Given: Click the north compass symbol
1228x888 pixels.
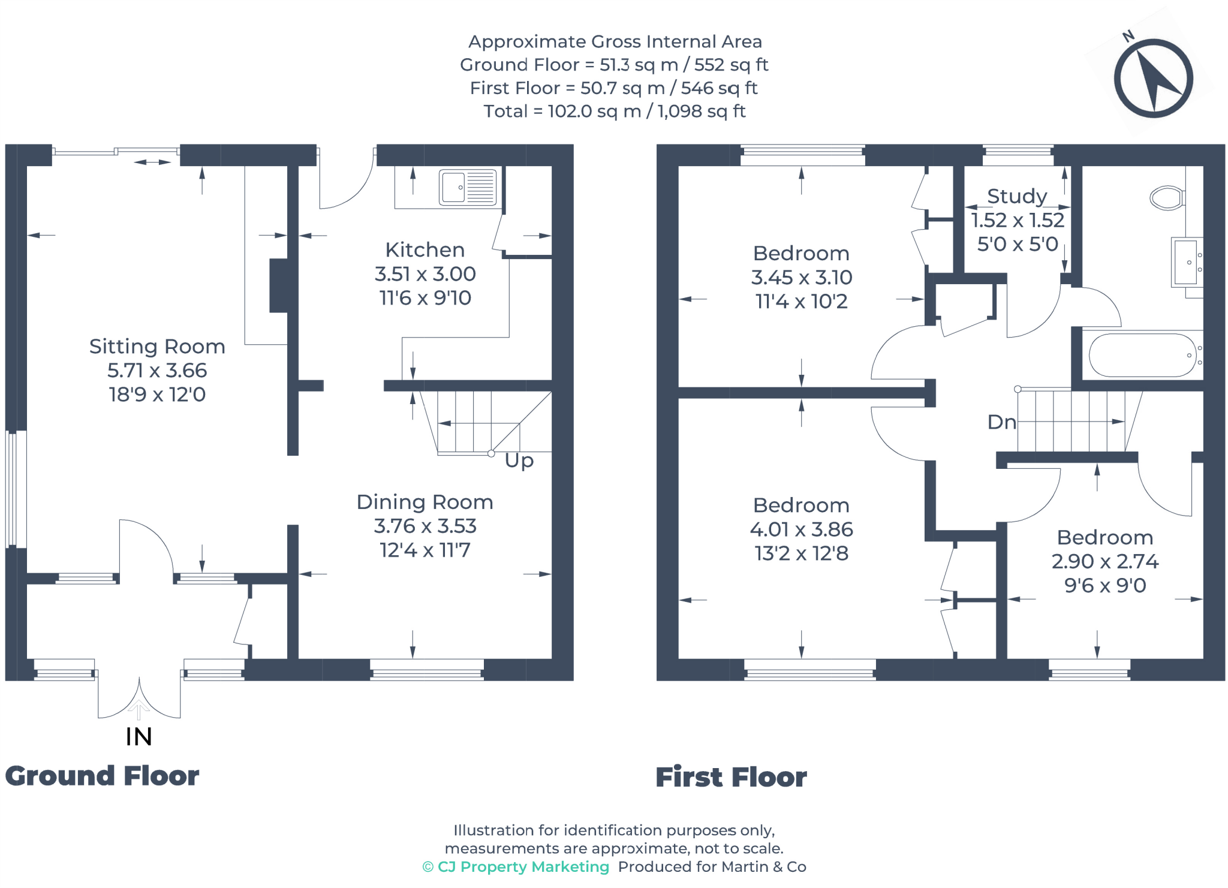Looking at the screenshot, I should (x=1152, y=78).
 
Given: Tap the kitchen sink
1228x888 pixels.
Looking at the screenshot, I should (x=468, y=187).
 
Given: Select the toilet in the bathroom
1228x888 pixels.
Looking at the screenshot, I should (x=1166, y=198).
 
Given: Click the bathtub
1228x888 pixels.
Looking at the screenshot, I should (x=1142, y=355).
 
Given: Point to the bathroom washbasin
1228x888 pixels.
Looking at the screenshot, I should (x=1186, y=262).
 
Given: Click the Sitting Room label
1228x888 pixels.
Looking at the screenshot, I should (x=157, y=347).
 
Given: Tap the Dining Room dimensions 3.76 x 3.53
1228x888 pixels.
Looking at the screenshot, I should (x=425, y=526).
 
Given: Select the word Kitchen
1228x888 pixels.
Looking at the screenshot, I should (x=425, y=249).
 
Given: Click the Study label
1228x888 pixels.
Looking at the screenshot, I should (x=1017, y=196).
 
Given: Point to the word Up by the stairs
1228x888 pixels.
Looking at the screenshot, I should (x=519, y=460).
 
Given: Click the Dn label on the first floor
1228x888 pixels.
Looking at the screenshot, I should (x=1001, y=422).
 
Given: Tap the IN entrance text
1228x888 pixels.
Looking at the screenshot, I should (x=139, y=737).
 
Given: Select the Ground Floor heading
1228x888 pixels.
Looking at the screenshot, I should (x=102, y=776).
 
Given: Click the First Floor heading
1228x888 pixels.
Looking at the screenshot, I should (x=731, y=777).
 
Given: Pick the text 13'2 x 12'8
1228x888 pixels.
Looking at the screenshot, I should (x=801, y=553).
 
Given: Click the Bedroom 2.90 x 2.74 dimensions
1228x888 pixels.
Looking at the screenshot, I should (x=1104, y=561).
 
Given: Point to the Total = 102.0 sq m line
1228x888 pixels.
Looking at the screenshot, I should (x=614, y=111).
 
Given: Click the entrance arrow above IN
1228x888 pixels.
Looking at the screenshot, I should (x=139, y=709).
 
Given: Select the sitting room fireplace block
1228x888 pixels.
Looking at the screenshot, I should (x=278, y=285).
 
